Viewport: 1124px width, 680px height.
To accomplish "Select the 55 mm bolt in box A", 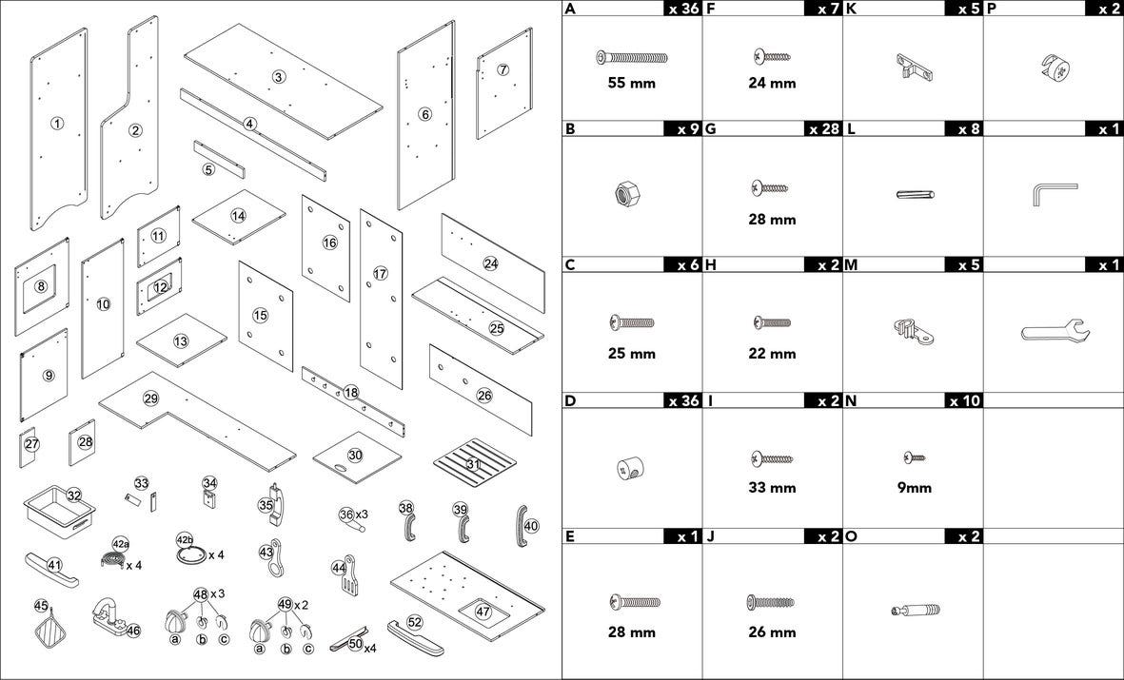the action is tap(632, 57).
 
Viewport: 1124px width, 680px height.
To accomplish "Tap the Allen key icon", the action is tap(1055, 193).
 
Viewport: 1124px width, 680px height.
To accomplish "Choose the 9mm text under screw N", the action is tap(915, 488).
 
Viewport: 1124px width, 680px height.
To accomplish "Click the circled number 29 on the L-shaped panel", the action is tap(150, 398).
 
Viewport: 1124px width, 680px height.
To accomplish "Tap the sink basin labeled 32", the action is tap(60, 510).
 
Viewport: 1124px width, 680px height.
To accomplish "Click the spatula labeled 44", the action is tap(346, 575).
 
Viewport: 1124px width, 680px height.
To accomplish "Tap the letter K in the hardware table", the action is tap(851, 9).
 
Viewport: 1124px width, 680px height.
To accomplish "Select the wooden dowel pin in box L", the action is tap(916, 193).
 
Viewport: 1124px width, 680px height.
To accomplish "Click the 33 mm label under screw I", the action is tap(772, 488).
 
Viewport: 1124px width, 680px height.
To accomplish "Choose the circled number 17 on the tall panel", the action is tap(380, 273).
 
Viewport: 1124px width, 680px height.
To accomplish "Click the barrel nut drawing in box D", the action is tap(629, 469).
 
